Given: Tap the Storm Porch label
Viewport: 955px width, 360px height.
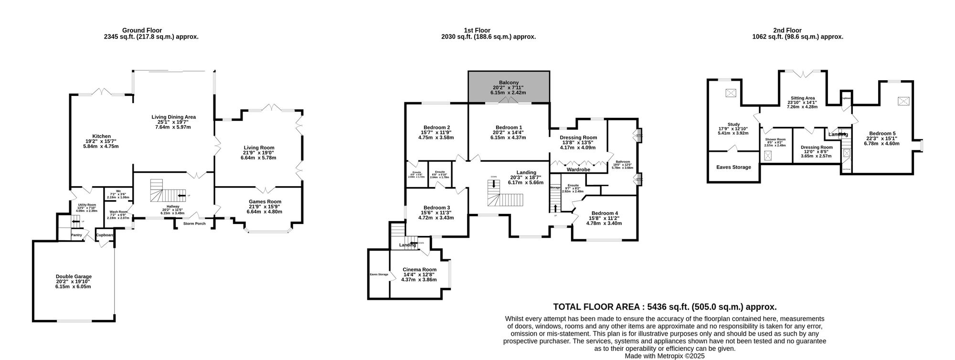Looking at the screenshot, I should pyautogui.click(x=194, y=223).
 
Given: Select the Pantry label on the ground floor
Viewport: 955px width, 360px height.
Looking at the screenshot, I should pyautogui.click(x=76, y=235).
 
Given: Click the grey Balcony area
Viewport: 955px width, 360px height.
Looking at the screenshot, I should pyautogui.click(x=508, y=87).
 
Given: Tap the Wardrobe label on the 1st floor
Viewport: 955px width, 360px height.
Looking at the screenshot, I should pyautogui.click(x=578, y=169).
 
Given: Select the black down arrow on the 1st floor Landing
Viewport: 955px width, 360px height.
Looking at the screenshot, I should pyautogui.click(x=493, y=183).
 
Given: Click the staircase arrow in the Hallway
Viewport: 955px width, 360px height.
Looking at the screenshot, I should pyautogui.click(x=181, y=196).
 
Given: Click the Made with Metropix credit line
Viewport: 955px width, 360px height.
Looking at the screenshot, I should pyautogui.click(x=664, y=356).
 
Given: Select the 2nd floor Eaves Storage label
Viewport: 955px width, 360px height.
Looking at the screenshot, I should pyautogui.click(x=733, y=167).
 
